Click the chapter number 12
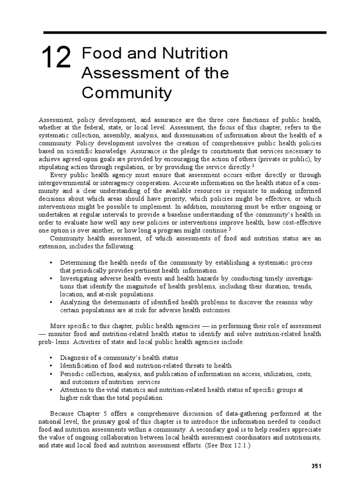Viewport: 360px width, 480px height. (x=56, y=59)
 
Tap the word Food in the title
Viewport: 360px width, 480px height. (x=97, y=53)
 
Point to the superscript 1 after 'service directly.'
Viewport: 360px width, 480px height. (x=253, y=165)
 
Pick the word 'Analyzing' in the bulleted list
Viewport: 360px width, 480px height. (x=75, y=302)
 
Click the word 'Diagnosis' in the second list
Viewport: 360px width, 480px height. (x=75, y=358)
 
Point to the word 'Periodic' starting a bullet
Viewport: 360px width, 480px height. (x=73, y=374)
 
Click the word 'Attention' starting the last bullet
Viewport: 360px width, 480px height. (x=75, y=390)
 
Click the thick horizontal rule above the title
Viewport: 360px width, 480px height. (x=185, y=32)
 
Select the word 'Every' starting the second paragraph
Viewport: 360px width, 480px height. (x=59, y=175)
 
